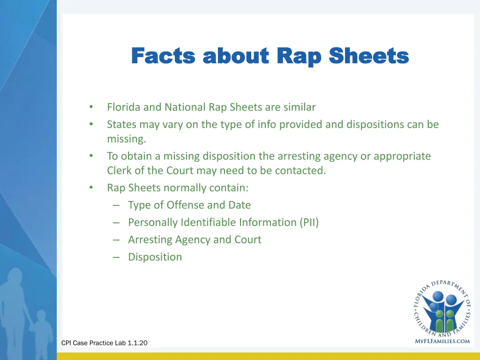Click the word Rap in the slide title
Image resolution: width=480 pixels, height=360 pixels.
click(299, 57)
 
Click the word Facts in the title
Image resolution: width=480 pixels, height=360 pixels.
click(163, 57)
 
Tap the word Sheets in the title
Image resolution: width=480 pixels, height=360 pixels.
click(368, 57)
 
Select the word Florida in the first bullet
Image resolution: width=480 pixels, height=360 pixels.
click(124, 107)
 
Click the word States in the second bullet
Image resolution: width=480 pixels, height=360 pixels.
click(120, 125)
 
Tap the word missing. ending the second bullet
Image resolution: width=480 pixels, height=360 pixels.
click(127, 139)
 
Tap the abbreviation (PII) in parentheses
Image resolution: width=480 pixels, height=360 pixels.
click(309, 223)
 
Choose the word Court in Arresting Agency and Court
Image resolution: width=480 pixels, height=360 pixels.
click(247, 240)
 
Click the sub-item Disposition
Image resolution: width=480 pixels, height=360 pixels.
click(155, 257)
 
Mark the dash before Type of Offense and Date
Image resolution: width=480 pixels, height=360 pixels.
click(117, 205)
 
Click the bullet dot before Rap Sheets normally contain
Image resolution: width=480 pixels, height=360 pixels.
click(91, 188)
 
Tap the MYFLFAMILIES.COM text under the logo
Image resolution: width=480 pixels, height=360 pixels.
click(442, 341)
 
